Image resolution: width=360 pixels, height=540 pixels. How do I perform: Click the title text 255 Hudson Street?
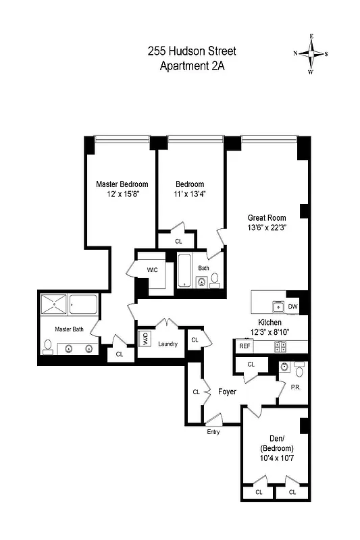pos(192,51)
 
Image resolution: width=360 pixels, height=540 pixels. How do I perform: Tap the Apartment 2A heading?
pos(192,65)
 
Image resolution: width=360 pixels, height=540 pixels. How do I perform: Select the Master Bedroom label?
pos(122,184)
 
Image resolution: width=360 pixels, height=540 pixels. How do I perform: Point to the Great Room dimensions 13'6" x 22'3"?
pos(267,227)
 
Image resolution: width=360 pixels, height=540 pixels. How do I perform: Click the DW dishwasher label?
pos(292,306)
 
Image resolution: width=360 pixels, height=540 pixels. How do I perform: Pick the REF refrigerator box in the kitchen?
pos(244,346)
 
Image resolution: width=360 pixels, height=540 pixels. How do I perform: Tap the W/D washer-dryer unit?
pos(145,338)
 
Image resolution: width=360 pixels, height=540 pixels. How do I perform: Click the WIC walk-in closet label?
pos(153,270)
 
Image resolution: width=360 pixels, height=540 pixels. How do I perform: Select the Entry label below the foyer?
pos(213,432)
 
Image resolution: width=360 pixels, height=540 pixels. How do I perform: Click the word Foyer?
pos(227,391)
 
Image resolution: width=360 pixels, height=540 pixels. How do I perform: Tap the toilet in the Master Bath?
pos(47,347)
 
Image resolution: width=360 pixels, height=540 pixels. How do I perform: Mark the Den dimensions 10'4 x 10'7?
pos(274,459)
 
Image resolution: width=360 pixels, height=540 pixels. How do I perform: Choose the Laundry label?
pos(168,344)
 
